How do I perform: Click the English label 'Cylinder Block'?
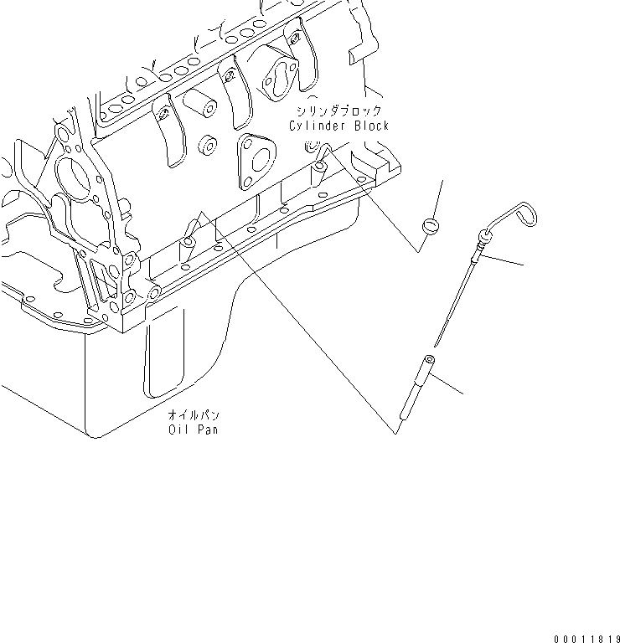(x=338, y=126)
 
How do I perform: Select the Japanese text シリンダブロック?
(x=338, y=111)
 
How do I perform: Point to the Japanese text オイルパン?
(x=194, y=415)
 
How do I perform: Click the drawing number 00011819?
(x=586, y=636)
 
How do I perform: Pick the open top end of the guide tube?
(x=430, y=360)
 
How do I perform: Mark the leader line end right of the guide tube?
(x=462, y=394)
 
